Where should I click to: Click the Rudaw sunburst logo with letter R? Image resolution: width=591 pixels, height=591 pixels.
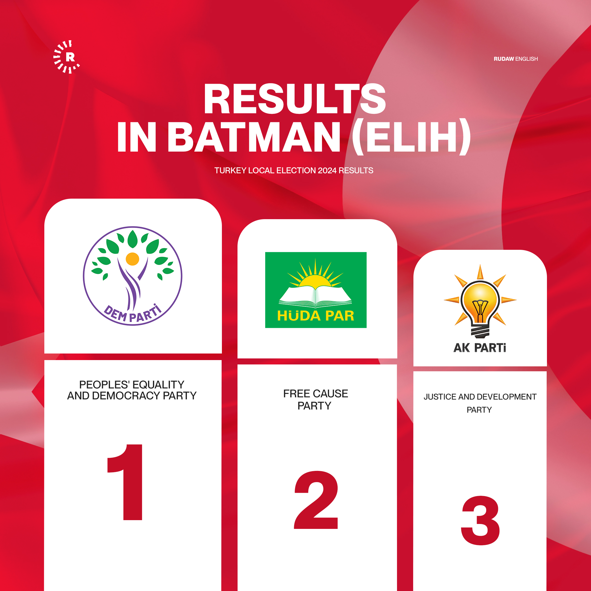pyautogui.click(x=66, y=57)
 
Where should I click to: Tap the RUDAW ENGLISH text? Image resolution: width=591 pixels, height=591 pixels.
pyautogui.click(x=515, y=59)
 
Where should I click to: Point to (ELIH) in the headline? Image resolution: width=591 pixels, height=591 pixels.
pyautogui.click(x=412, y=137)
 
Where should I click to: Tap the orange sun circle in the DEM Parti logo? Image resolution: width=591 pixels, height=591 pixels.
pyautogui.click(x=132, y=259)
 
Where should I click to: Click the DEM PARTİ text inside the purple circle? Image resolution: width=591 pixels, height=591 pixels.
pyautogui.click(x=133, y=313)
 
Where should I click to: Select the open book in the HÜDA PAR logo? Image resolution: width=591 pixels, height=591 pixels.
pyautogui.click(x=315, y=296)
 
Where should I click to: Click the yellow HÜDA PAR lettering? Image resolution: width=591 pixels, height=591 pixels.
pyautogui.click(x=315, y=316)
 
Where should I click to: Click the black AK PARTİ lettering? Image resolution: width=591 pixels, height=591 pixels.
pyautogui.click(x=480, y=348)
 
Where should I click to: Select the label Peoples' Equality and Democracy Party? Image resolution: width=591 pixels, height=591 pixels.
pyautogui.click(x=132, y=390)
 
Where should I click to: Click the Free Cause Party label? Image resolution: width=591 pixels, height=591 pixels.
pyautogui.click(x=315, y=399)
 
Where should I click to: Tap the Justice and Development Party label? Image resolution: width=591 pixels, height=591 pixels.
pyautogui.click(x=480, y=403)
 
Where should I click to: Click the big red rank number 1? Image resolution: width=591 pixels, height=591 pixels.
pyautogui.click(x=125, y=482)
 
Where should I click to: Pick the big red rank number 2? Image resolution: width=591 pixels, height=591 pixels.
pyautogui.click(x=316, y=500)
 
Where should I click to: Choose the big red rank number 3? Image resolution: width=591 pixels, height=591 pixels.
pyautogui.click(x=480, y=520)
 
